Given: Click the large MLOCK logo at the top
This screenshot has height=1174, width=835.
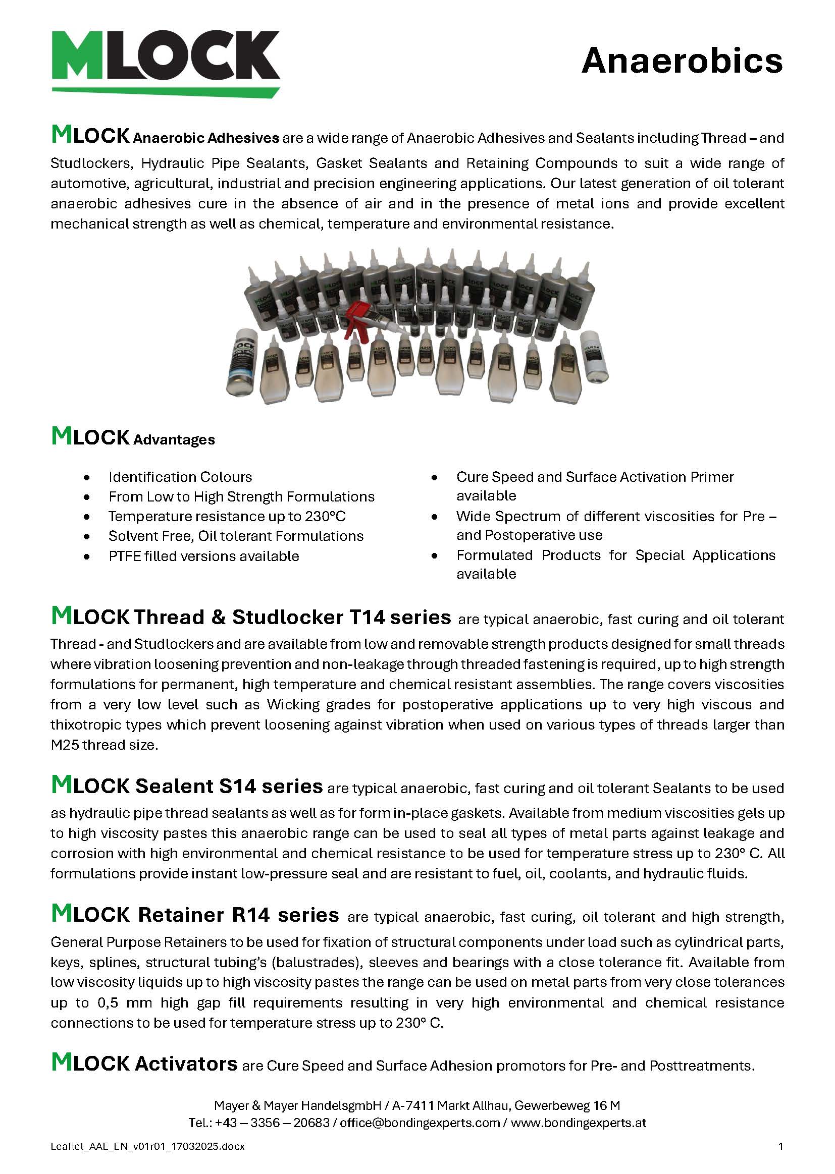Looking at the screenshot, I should coord(166,61).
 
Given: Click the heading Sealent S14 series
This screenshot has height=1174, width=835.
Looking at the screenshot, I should coord(229,786).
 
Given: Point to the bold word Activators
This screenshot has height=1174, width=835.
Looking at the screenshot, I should coord(186,1063).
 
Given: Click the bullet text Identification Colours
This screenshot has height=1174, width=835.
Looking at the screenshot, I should coord(180,477).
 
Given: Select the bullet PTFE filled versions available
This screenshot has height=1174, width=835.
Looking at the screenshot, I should coord(203,556).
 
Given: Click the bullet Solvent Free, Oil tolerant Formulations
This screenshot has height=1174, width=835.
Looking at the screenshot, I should coord(235,536).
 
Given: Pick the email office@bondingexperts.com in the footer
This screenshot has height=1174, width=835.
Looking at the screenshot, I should coord(420,1123).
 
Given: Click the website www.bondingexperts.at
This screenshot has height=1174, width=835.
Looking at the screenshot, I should coord(579,1123).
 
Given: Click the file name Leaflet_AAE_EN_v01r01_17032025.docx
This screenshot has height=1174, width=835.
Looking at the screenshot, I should coord(147,1146).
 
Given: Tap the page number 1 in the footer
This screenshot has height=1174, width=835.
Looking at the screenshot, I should coord(781,1146).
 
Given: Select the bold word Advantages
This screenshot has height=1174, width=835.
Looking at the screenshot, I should coord(174,440).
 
